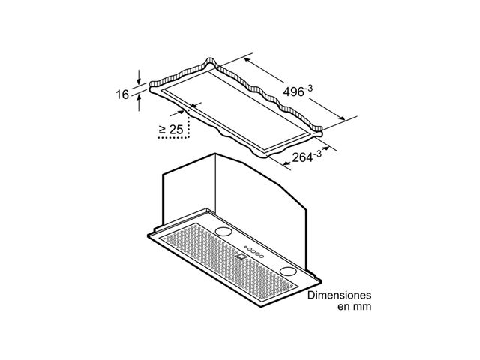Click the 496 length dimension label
pyautogui.click(x=298, y=91)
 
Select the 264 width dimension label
pyautogui.click(x=307, y=157)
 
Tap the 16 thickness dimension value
pyautogui.click(x=122, y=94)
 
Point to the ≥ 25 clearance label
pyautogui.click(x=171, y=130)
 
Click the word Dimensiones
pyautogui.click(x=339, y=295)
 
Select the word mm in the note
pyautogui.click(x=363, y=307)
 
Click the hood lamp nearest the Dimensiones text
pyautogui.click(x=288, y=271)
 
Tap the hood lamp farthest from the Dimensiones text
pyautogui.click(x=223, y=232)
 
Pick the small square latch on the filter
pyautogui.click(x=241, y=256)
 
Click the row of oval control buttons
pyautogui.click(x=256, y=252)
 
